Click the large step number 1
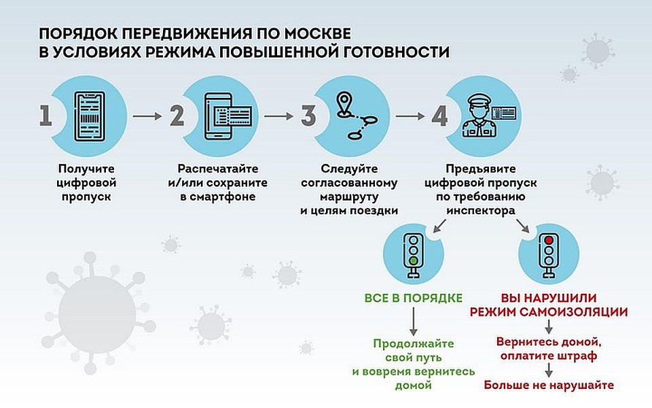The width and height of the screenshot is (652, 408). click(46, 116)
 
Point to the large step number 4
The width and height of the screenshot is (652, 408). click(439, 116)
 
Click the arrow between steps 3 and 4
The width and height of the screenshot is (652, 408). click(409, 116)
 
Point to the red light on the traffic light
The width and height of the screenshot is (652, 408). click(549, 239)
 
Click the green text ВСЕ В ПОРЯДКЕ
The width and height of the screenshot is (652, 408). click(414, 298)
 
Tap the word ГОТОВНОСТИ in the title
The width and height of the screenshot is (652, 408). click(393, 51)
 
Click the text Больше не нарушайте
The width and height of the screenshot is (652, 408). click(549, 386)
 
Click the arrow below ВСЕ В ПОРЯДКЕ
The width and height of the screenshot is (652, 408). click(414, 320)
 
